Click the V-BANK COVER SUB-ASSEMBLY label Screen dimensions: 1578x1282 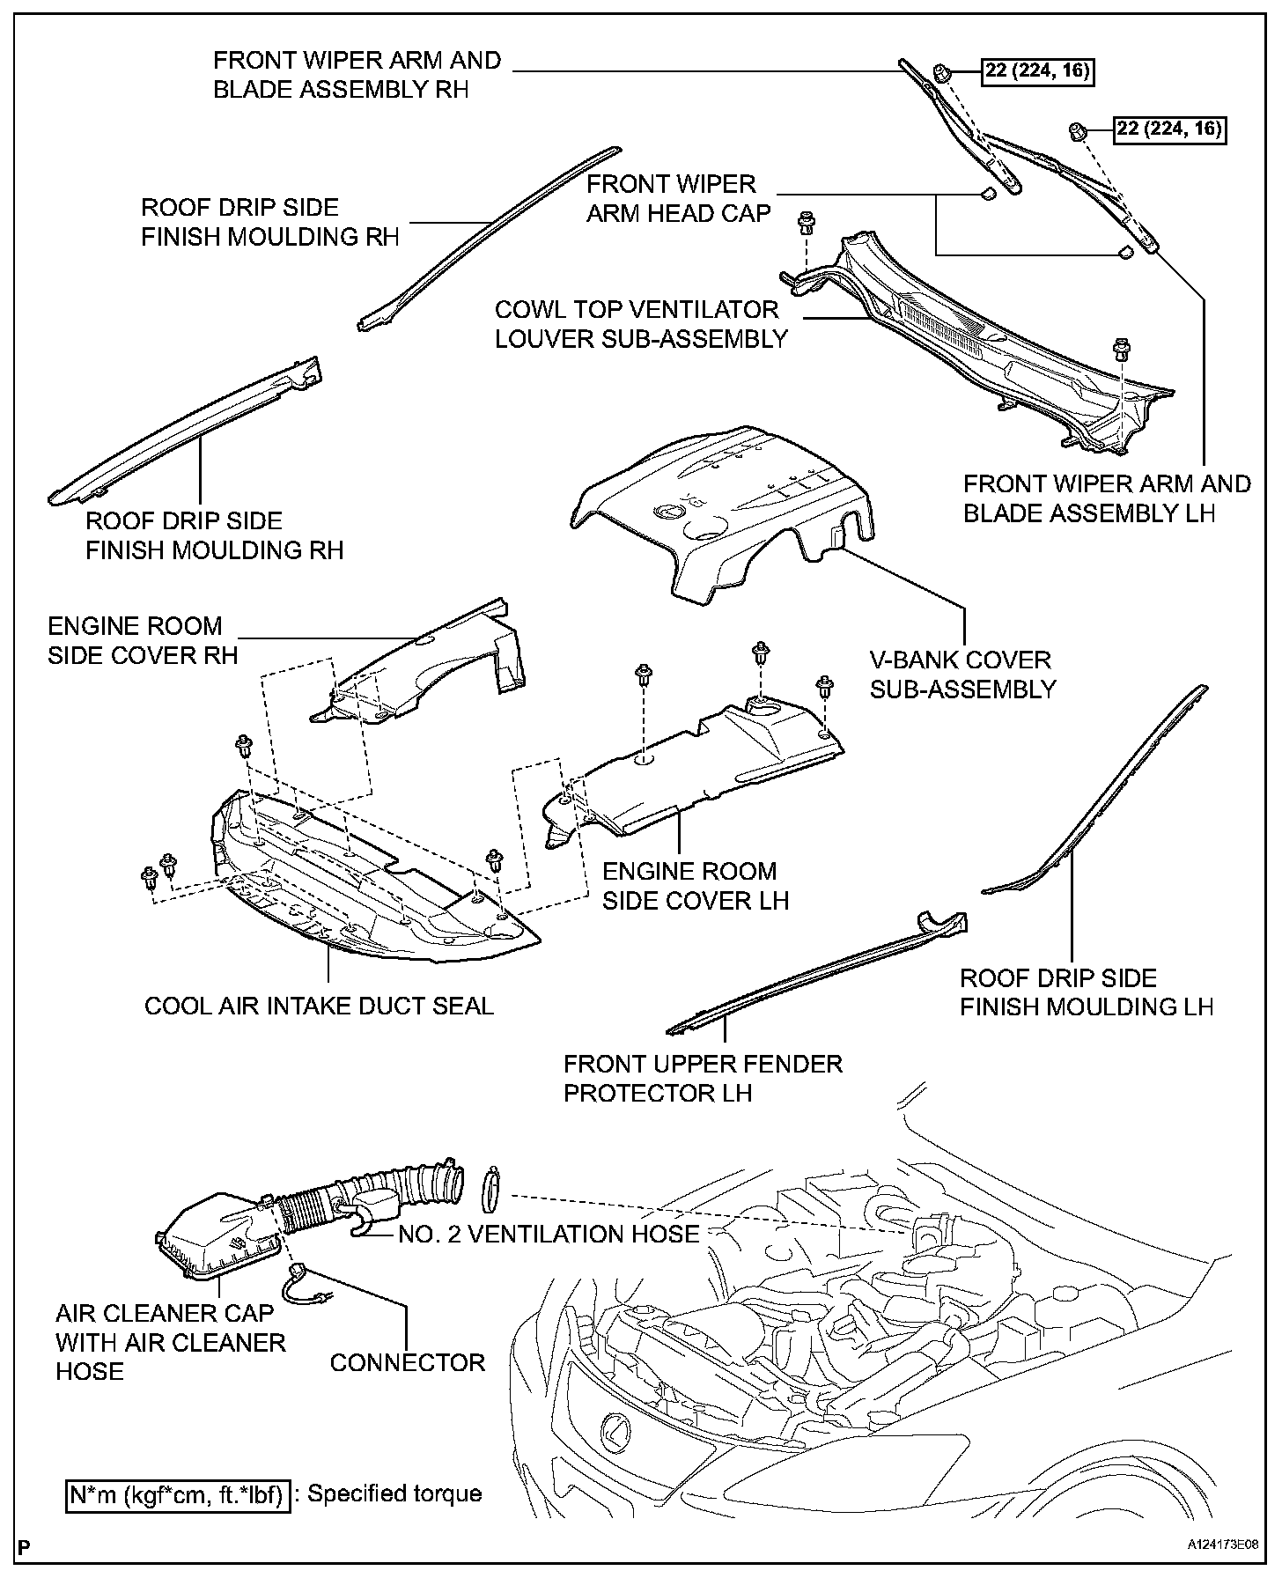pos(961,675)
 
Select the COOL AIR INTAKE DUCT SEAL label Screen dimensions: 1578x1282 pos(319,1006)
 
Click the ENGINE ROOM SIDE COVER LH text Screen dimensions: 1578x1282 pos(696,886)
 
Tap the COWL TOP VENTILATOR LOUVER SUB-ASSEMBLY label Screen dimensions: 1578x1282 pos(640,324)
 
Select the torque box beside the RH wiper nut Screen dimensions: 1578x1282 pos(1038,71)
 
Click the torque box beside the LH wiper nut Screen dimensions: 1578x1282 pos(1170,129)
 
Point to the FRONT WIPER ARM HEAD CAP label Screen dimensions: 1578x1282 pos(678,198)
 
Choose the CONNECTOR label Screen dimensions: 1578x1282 pos(408,1362)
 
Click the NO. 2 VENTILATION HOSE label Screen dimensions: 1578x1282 pos(549,1234)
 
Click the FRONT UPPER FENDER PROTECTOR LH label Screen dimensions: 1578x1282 pos(703,1078)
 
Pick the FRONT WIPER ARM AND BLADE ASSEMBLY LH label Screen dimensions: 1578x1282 pos(1106,498)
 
